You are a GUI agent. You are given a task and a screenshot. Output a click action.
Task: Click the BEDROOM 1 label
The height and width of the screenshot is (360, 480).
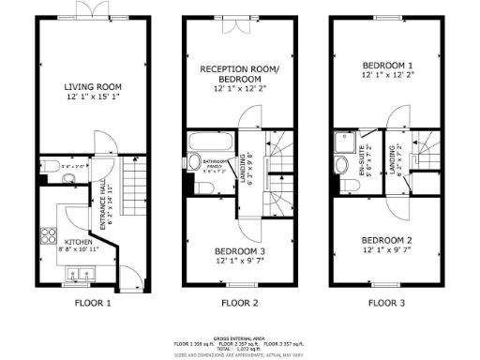click(387, 65)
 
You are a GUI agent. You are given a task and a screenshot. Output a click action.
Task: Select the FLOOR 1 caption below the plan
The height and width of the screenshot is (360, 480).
click(93, 303)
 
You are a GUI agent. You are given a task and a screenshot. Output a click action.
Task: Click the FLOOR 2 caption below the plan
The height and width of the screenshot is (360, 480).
click(239, 303)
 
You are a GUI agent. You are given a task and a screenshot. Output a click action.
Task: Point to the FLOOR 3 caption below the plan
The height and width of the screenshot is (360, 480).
click(385, 303)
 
